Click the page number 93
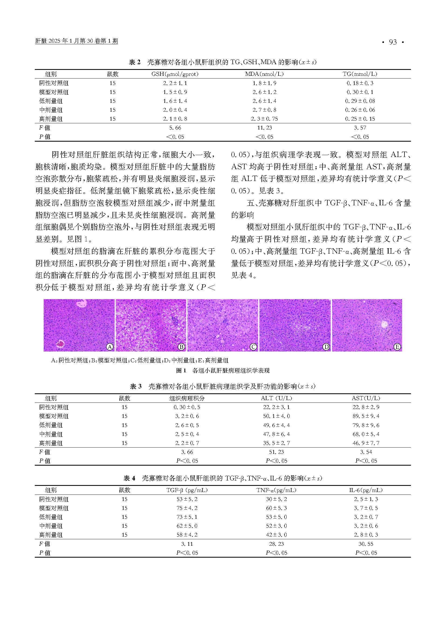pos(393,42)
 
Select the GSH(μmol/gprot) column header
pos(175,74)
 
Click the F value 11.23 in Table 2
pos(265,128)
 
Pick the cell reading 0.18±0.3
pos(360,83)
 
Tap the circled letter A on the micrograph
pos(109,347)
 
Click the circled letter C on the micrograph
pos(253,347)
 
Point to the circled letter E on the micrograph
pos(397,347)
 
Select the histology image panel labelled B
pos(151,325)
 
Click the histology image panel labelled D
pos(295,325)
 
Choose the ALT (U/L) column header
pos(276,398)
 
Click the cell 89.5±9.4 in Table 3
pos(366,416)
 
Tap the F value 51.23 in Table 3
pos(276,452)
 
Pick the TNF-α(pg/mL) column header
pos(276,490)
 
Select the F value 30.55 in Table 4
pos(366,544)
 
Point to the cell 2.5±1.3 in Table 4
pos(366,499)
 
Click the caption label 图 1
pos(181,371)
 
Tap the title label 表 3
pos(136,386)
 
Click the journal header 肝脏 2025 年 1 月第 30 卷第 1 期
pos(76,41)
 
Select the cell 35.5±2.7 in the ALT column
pos(276,443)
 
